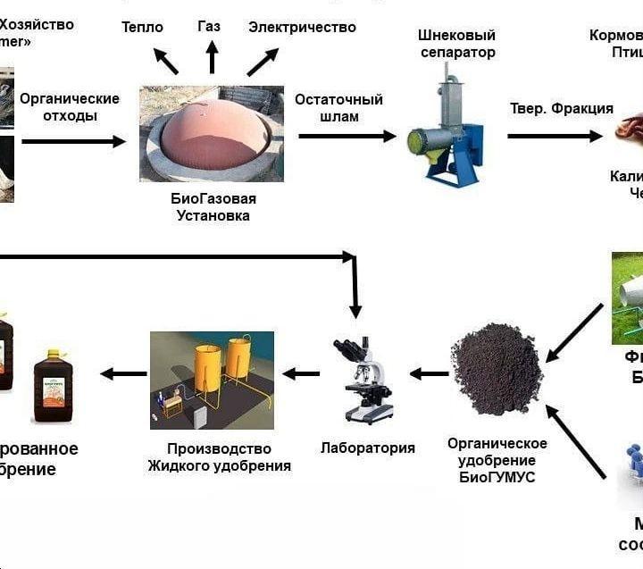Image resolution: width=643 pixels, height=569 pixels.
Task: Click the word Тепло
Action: tap(142, 27)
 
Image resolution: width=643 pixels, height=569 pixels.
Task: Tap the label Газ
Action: tap(209, 26)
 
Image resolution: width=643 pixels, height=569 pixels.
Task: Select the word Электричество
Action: tap(302, 27)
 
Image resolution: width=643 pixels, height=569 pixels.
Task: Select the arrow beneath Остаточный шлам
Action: tap(347, 136)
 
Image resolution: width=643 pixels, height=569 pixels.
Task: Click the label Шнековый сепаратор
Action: tap(455, 44)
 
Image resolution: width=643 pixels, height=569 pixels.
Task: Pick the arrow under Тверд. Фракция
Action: tap(555, 136)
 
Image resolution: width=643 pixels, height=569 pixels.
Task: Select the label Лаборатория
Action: tap(368, 448)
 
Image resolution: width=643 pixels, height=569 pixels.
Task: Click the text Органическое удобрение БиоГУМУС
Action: tap(497, 460)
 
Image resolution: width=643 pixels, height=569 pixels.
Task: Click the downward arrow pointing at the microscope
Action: tap(355, 286)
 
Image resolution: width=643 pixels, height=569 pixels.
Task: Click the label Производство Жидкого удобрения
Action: tap(220, 456)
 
